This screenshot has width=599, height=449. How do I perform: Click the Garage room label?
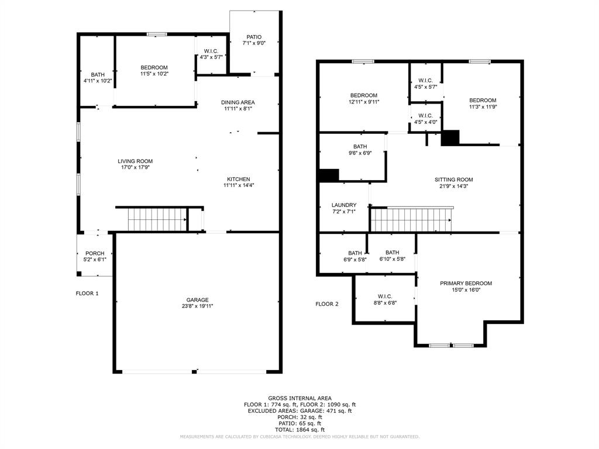click(198, 300)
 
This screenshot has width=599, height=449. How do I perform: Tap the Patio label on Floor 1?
click(254, 37)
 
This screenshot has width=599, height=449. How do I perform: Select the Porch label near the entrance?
click(94, 254)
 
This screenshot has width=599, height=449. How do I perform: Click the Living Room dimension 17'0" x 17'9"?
click(135, 168)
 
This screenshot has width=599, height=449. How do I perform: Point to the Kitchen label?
click(238, 179)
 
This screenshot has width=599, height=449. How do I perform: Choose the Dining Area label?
click(237, 102)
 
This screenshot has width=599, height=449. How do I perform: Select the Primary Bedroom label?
click(466, 284)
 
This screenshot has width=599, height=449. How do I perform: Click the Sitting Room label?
click(453, 179)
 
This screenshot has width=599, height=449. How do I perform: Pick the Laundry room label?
click(343, 205)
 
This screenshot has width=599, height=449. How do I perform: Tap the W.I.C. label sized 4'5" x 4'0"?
click(425, 119)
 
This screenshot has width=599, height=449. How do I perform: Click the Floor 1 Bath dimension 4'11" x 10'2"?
click(97, 81)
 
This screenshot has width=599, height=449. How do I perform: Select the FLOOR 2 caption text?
click(327, 304)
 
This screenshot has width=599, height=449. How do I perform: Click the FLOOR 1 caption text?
click(87, 293)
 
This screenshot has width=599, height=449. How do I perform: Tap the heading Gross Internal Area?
click(299, 398)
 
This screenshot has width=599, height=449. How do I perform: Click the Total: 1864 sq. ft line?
click(299, 430)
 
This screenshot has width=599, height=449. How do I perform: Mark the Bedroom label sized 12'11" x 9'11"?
click(363, 95)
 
